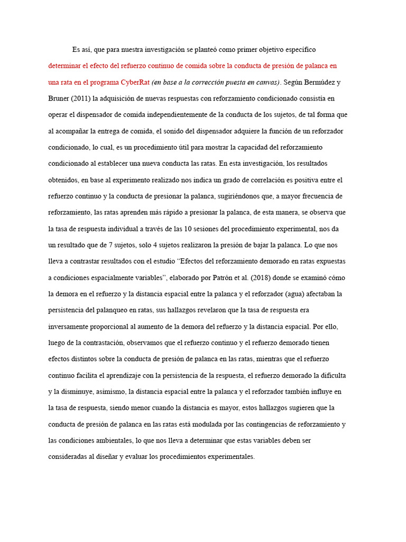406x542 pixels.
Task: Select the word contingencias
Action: pyautogui.click(x=250, y=424)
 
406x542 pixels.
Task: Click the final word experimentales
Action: pyautogui.click(x=229, y=457)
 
